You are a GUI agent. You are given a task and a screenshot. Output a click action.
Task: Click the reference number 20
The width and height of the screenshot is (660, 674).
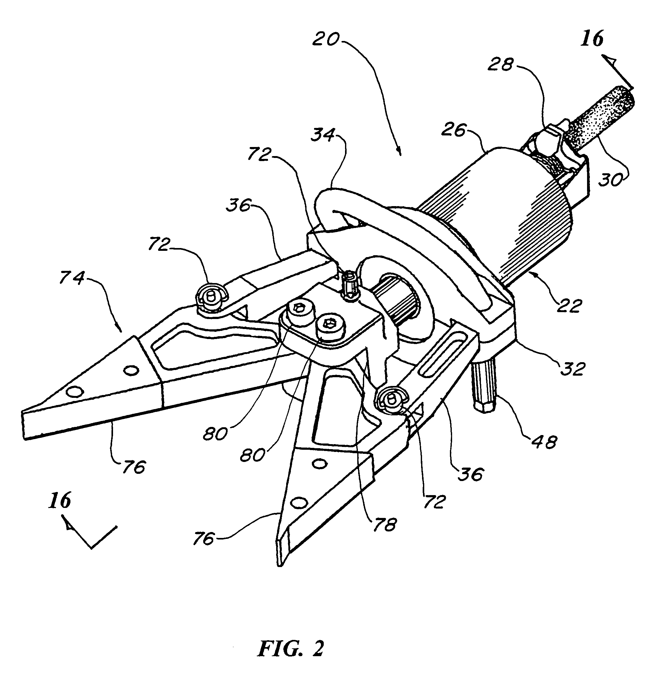click(326, 39)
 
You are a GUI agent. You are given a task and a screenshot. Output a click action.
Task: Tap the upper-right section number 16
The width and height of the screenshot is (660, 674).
click(592, 38)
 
